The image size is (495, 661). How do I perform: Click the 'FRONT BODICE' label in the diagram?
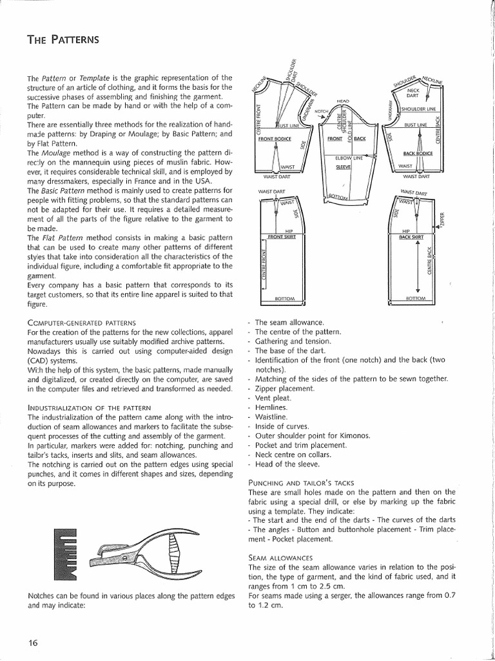275,139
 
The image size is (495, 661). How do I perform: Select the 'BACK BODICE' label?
417,154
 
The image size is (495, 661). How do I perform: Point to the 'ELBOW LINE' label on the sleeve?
349,158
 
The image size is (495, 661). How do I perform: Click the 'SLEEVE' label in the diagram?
343,167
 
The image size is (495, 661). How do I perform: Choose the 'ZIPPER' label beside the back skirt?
442,221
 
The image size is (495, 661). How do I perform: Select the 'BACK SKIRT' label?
412,238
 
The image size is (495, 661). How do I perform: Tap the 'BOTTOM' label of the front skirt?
284,299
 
